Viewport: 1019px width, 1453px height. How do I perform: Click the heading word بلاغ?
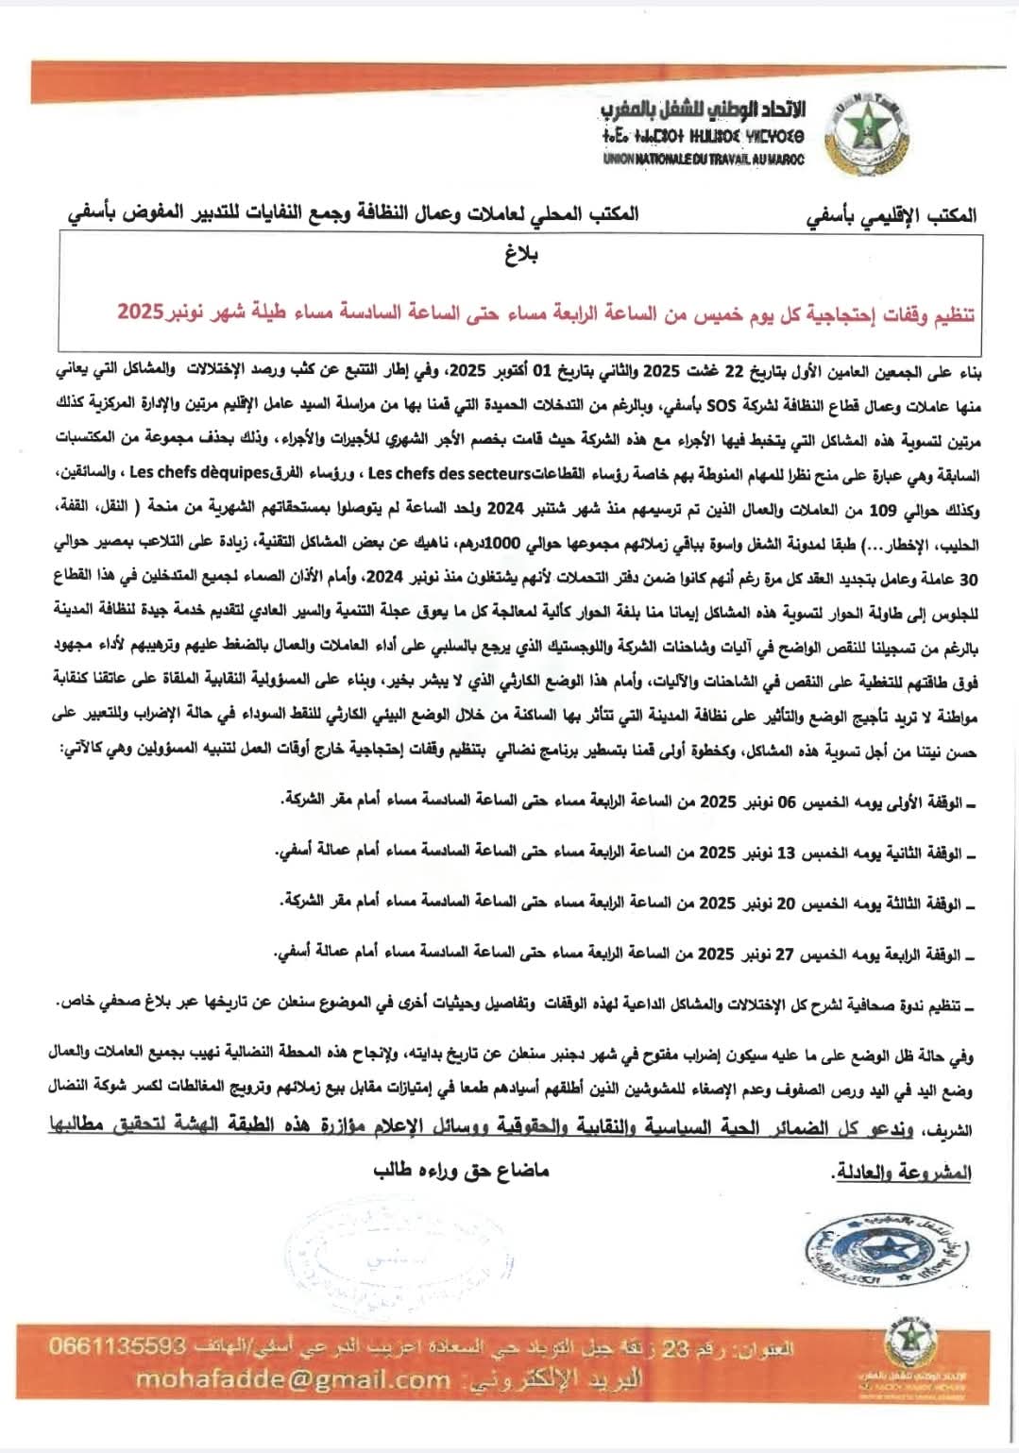(521, 255)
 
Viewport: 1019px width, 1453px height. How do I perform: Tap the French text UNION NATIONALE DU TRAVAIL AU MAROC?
(704, 160)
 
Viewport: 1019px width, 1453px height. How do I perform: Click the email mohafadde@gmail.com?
(293, 1379)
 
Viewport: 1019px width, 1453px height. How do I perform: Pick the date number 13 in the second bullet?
(785, 853)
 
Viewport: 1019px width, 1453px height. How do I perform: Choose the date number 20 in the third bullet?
(785, 904)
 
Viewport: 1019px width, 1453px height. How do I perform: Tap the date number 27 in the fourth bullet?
(785, 955)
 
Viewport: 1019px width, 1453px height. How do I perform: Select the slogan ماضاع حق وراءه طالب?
(461, 1171)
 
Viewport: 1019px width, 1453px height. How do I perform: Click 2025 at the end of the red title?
(140, 312)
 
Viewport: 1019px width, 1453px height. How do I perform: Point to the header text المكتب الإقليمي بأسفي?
(891, 216)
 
